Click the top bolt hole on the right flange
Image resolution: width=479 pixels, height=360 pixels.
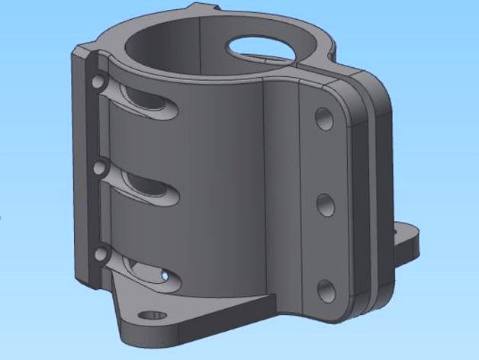pos(323,118)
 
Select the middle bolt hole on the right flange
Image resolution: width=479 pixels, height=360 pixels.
pos(325,204)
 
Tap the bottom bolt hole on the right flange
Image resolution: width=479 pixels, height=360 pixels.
pos(326,289)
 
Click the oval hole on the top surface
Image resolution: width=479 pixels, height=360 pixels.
pos(262,47)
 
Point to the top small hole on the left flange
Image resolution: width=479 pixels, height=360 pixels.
pos(97,81)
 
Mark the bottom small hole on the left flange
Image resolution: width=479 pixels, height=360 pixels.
pos(100,254)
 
